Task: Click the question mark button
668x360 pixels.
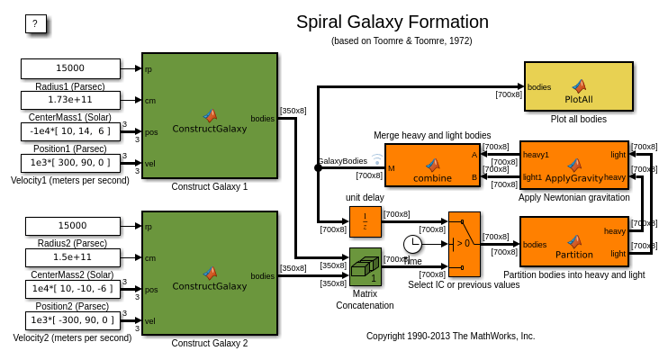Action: tap(35, 24)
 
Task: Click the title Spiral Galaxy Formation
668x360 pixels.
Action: tap(393, 22)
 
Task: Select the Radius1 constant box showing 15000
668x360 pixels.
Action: tap(70, 68)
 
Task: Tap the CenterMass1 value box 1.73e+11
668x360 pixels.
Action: tap(70, 100)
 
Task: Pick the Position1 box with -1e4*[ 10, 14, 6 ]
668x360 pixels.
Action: tap(70, 131)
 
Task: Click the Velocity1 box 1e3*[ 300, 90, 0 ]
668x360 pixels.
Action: tap(70, 163)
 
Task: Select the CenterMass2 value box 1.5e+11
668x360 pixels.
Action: tap(72, 257)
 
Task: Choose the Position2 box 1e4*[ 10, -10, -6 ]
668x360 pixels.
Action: tap(72, 289)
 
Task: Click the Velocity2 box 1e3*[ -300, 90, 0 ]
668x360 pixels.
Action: tap(72, 320)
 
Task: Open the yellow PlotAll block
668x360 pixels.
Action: tap(578, 86)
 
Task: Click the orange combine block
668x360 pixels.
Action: tap(432, 166)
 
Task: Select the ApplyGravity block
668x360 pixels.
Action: tap(573, 166)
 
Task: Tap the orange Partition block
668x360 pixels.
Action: tap(573, 241)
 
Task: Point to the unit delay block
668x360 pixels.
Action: tap(365, 221)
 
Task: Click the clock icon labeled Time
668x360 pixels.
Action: tap(412, 244)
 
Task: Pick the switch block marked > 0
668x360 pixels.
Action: tap(464, 243)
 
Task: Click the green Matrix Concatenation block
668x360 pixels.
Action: tap(365, 266)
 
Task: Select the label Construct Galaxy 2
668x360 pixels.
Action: tap(209, 343)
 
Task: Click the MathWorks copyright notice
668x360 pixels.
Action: tap(450, 336)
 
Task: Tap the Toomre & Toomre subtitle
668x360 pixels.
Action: tap(402, 40)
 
